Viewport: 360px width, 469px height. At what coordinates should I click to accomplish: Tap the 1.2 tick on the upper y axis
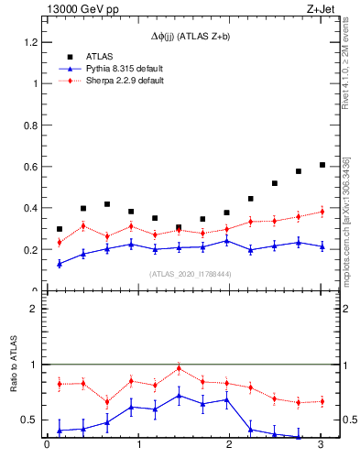(31, 42)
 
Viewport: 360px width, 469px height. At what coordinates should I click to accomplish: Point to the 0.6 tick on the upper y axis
(31, 167)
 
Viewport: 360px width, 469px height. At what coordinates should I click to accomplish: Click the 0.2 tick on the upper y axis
(31, 250)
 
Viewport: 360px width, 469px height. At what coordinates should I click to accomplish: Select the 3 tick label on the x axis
(321, 446)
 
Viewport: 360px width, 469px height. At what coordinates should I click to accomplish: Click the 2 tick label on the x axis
(229, 446)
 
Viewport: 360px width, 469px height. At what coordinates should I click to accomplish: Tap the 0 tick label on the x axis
(47, 446)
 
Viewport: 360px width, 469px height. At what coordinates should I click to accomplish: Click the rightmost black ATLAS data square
(322, 165)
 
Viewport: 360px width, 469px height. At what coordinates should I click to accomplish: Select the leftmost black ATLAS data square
(60, 229)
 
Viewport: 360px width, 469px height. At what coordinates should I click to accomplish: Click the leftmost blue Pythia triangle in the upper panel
(60, 264)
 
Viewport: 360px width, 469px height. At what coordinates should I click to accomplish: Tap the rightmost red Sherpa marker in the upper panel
(322, 212)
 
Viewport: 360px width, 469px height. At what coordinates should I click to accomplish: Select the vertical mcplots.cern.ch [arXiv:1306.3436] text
(345, 220)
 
